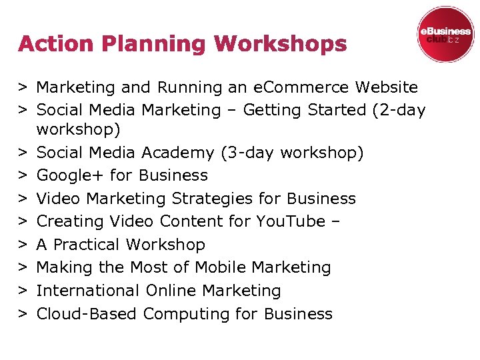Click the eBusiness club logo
pos(445,35)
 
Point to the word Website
pos(387,87)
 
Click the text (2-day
pos(398,110)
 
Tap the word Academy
pos(179,153)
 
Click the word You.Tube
pos(292,221)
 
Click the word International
pos(87,291)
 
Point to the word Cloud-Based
pos(87,313)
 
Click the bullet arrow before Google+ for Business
pos(23,176)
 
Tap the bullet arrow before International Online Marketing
pos(23,291)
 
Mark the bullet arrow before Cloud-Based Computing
pos(23,314)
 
